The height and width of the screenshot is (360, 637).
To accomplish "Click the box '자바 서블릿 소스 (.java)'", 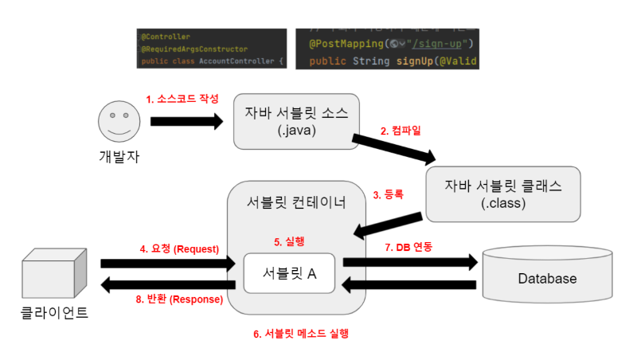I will coord(296,121).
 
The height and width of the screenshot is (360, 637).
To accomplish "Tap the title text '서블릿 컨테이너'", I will coord(297,202).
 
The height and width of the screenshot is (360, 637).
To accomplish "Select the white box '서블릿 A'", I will coord(289,273).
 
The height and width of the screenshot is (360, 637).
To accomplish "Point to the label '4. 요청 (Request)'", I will coord(179,248).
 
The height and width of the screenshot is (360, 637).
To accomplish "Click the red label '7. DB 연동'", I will coord(408,248).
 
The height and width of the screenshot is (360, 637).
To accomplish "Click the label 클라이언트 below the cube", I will coord(54,313).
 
